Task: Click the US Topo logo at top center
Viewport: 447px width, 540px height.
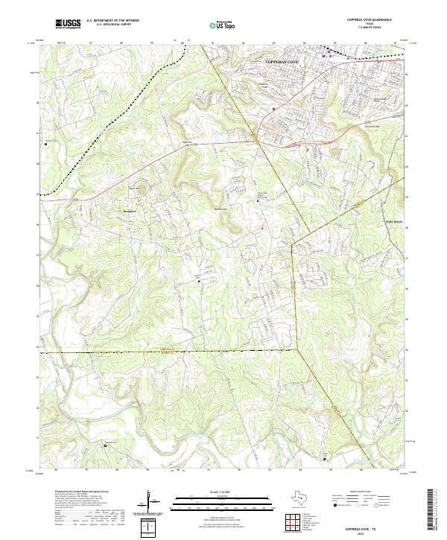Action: coord(223,25)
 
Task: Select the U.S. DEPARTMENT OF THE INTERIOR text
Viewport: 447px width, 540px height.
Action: coord(112,21)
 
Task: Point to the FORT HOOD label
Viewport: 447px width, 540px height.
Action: coord(393,220)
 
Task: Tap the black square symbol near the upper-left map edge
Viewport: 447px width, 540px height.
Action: coord(46,143)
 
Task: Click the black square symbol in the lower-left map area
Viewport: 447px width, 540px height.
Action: coord(105,445)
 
